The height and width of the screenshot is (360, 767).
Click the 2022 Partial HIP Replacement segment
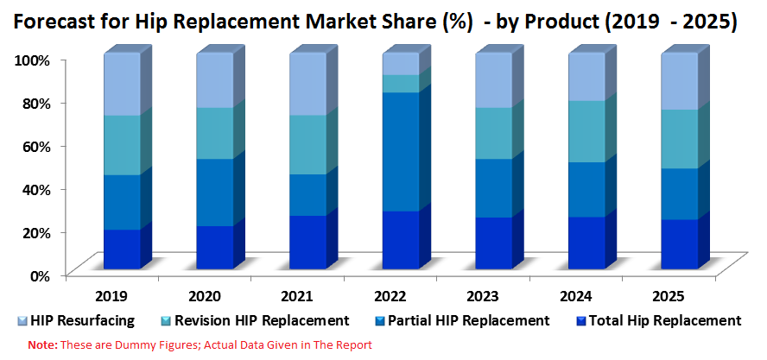[x=401, y=152]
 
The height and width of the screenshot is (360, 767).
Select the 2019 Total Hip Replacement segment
[x=123, y=249]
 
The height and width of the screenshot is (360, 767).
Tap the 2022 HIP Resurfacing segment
[x=401, y=64]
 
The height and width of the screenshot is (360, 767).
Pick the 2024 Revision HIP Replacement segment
[x=586, y=131]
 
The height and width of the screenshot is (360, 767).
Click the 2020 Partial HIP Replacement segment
[x=215, y=193]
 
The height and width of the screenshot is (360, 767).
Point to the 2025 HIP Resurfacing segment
[x=680, y=81]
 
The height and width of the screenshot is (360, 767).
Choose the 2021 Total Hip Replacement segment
[x=307, y=242]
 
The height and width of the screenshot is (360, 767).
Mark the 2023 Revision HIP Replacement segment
[x=493, y=133]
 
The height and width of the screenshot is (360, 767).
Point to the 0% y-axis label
[x=38, y=275]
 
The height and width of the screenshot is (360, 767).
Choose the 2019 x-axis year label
[x=112, y=296]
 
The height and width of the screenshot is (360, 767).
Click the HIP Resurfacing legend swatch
[x=22, y=321]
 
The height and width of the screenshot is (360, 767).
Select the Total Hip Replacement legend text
[x=665, y=321]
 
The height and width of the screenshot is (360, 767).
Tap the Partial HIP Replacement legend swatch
[x=381, y=321]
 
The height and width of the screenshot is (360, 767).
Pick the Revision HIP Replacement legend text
[x=263, y=321]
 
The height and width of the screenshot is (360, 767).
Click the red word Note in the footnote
[x=42, y=345]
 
